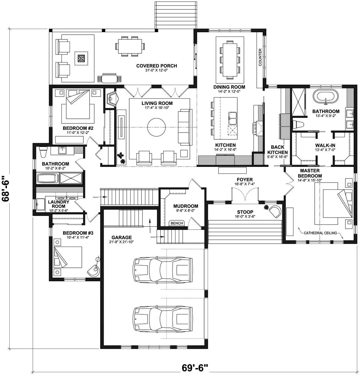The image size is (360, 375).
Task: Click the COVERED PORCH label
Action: [x=156, y=66]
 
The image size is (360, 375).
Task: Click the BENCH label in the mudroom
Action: [x=177, y=223]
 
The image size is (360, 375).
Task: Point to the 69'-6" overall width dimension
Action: [x=195, y=368]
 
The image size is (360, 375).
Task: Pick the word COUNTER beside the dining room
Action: [x=260, y=57]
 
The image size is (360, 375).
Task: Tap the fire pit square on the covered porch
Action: [x=81, y=58]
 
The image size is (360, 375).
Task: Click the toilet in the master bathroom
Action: [x=298, y=124]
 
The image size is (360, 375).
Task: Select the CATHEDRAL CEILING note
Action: [x=321, y=233]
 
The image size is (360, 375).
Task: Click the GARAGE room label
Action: [x=122, y=237]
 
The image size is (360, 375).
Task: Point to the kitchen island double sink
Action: [x=233, y=118]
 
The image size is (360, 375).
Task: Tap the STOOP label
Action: [x=245, y=212]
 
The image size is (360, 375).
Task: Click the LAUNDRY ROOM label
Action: [x=58, y=204]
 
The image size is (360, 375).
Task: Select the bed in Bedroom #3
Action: [x=68, y=257]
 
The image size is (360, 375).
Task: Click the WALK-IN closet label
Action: [x=325, y=145]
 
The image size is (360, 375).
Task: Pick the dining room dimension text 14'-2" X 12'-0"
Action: [x=229, y=92]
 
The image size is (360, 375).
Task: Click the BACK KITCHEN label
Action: [x=277, y=150]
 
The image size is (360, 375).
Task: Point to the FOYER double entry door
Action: [x=245, y=196]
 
